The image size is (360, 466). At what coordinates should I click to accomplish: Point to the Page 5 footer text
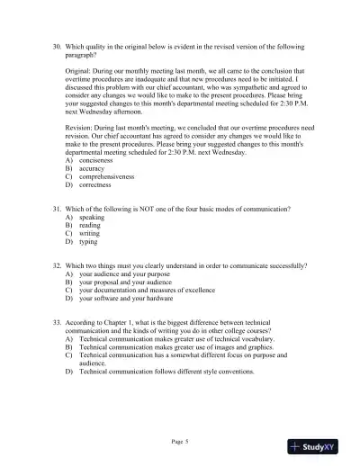[180, 442]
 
